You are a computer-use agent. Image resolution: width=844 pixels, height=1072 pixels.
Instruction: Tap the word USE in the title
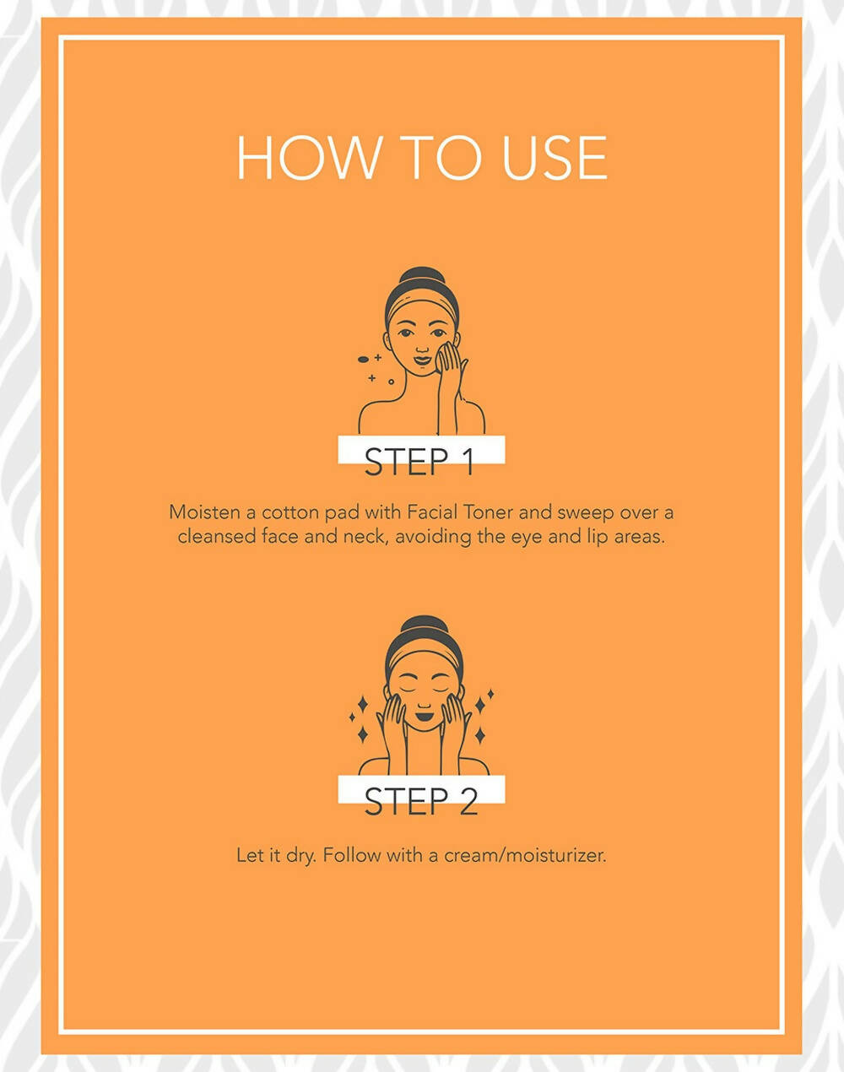555,157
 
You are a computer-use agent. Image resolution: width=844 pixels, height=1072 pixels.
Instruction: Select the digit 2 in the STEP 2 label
468,802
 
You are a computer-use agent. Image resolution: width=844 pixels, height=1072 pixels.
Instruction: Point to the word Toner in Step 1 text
489,512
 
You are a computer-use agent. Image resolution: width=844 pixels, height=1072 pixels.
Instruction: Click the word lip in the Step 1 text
597,538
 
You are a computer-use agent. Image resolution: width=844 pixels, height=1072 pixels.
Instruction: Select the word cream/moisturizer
525,856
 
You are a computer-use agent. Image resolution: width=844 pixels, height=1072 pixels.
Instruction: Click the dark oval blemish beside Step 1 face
363,359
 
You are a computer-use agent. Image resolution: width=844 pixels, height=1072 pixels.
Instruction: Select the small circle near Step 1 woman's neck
391,382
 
